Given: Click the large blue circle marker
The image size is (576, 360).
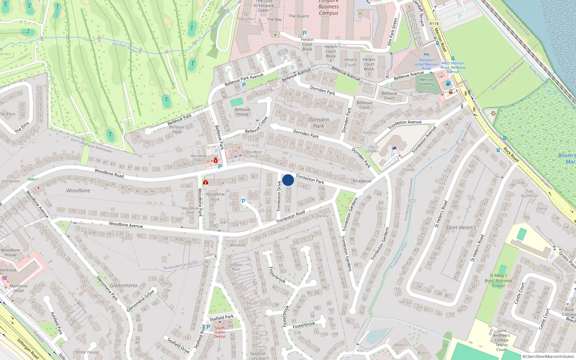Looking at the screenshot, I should [288, 180].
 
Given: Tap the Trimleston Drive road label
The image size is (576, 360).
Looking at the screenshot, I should [279, 196].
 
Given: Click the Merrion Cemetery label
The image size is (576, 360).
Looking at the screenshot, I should [426, 82].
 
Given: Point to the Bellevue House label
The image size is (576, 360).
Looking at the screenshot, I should [242, 112].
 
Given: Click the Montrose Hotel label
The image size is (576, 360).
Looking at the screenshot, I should [19, 288].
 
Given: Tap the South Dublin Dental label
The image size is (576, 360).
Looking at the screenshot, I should [220, 332].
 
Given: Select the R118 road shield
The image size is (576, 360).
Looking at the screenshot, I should [434, 24].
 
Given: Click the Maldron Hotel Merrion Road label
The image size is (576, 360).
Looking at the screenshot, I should [426, 64].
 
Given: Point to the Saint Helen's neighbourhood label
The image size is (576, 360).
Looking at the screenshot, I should [460, 228].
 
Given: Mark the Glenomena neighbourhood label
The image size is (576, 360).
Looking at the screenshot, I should [123, 285].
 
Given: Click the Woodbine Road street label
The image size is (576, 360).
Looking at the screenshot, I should [109, 173].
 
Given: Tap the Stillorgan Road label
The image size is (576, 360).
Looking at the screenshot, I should [28, 348].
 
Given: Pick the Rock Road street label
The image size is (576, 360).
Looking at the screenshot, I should [511, 154].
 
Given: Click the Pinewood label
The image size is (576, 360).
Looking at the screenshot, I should [362, 181].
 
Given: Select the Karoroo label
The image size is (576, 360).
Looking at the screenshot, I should [370, 132].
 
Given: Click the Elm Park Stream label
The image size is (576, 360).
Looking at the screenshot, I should [125, 47].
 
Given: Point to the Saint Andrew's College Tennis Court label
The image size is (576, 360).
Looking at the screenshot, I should [501, 340].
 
